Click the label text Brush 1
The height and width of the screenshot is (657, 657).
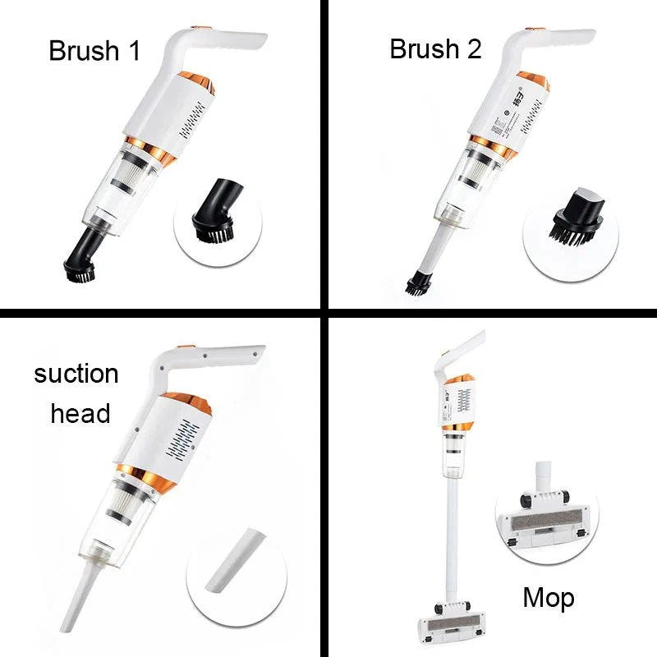(94, 50)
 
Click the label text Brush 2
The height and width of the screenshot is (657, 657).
(435, 48)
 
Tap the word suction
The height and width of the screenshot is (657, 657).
(76, 374)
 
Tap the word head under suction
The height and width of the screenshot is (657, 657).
(80, 413)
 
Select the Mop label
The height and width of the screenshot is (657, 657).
(549, 597)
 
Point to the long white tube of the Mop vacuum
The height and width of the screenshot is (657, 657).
(450, 526)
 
